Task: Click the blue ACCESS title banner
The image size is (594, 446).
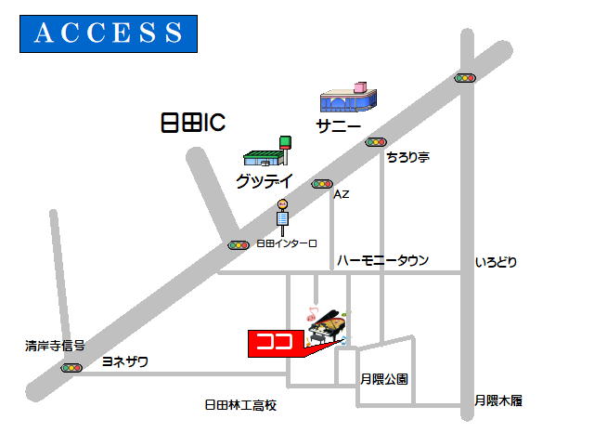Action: tap(109, 33)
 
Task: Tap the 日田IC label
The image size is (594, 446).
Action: tap(193, 124)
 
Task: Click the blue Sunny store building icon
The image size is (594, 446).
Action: tap(349, 98)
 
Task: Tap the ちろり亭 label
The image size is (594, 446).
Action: tap(408, 157)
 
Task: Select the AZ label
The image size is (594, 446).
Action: tap(341, 194)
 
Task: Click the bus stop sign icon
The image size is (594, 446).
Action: tap(282, 215)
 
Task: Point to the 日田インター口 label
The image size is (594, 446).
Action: tap(287, 243)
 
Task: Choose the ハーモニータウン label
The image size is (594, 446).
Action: tap(383, 261)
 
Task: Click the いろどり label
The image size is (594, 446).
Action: tap(496, 263)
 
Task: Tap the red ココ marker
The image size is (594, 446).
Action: tap(276, 342)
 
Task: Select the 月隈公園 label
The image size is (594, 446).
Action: tap(384, 379)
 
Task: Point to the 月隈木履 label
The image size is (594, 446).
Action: tap(498, 400)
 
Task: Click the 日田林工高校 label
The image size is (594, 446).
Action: tap(240, 405)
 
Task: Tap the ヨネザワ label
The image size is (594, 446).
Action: tap(124, 361)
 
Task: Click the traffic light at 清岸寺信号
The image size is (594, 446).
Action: tap(71, 368)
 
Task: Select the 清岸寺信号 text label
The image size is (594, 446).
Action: tap(55, 346)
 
